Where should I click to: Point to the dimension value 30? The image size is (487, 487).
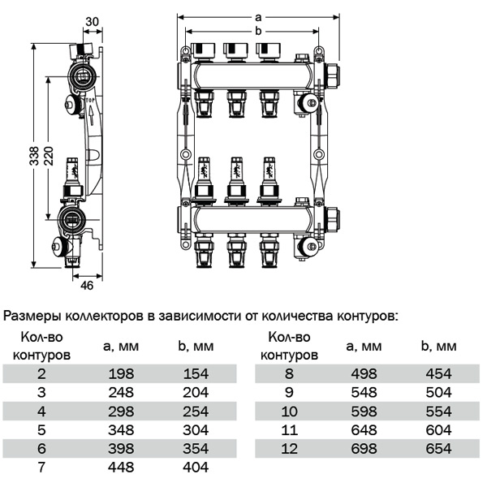tap(93, 21)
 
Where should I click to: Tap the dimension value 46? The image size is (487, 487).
tap(88, 286)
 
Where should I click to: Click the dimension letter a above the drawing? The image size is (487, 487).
tap(258, 15)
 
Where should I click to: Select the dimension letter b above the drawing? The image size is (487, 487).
tap(258, 30)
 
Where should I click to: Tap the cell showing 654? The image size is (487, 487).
tap(439, 448)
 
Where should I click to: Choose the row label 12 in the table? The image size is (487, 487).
tap(288, 448)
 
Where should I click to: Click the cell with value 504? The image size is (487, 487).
tap(439, 392)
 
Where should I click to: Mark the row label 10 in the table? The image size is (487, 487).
tap(288, 411)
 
